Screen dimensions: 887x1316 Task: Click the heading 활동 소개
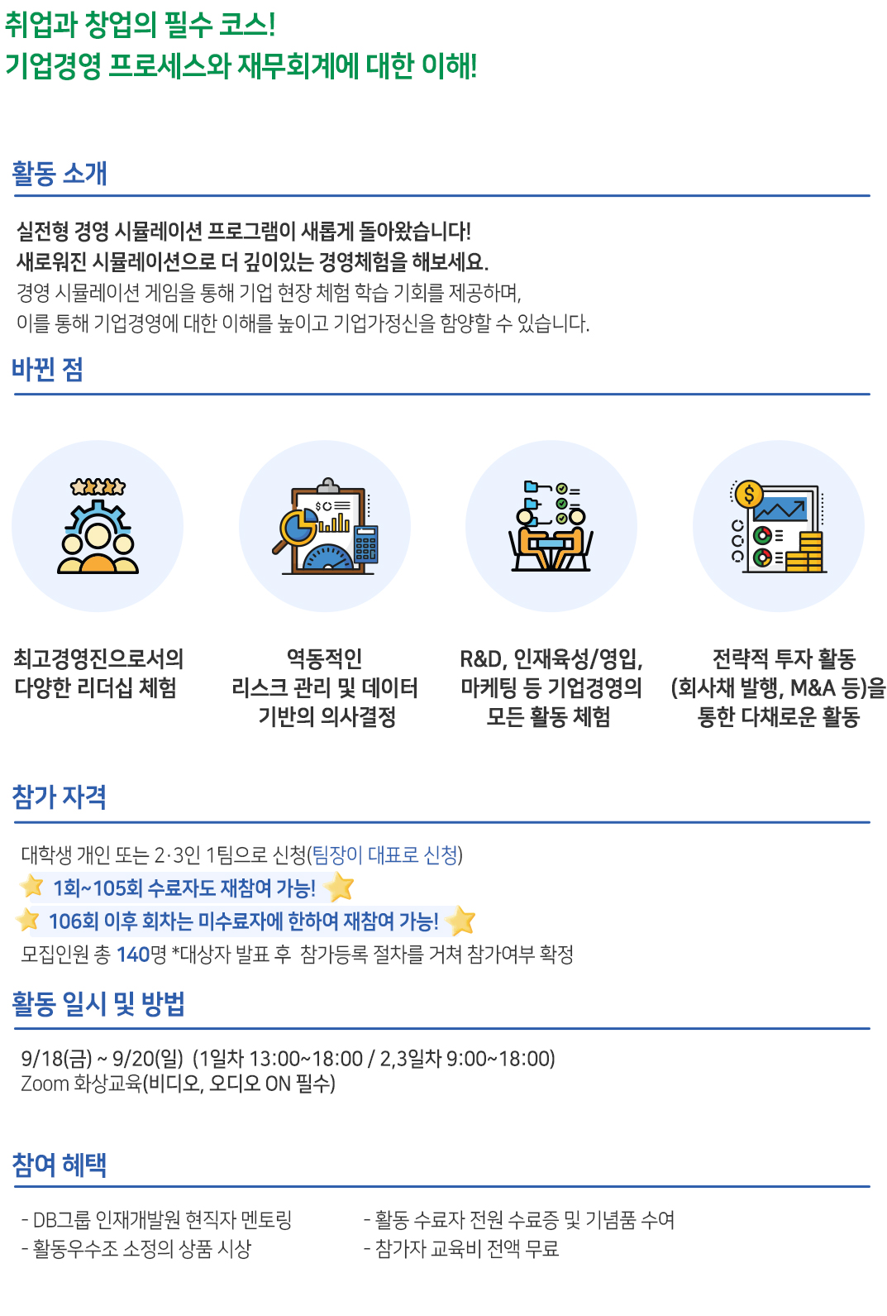[60, 174]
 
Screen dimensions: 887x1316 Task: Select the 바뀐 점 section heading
[48, 370]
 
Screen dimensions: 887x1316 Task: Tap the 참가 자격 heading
[60, 797]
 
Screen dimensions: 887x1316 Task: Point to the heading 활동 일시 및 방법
[98, 1004]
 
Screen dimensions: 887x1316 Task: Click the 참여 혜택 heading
[60, 1165]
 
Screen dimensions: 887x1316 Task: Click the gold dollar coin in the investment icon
[748, 494]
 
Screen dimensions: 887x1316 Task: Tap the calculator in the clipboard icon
[365, 544]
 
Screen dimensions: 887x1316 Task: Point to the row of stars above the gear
[98, 487]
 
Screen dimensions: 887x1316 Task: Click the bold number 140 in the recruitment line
[133, 955]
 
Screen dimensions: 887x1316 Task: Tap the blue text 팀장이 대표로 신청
[384, 855]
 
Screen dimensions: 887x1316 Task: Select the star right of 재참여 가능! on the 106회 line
[460, 921]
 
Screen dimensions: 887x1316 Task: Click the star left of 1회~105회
[32, 886]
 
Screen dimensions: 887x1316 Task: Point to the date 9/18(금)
[56, 1059]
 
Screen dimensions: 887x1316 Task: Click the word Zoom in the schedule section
[45, 1084]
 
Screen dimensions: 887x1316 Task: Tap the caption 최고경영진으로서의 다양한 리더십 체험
[98, 673]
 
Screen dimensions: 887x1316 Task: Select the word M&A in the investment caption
[813, 687]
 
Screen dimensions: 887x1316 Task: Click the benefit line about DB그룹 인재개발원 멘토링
[157, 1220]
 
